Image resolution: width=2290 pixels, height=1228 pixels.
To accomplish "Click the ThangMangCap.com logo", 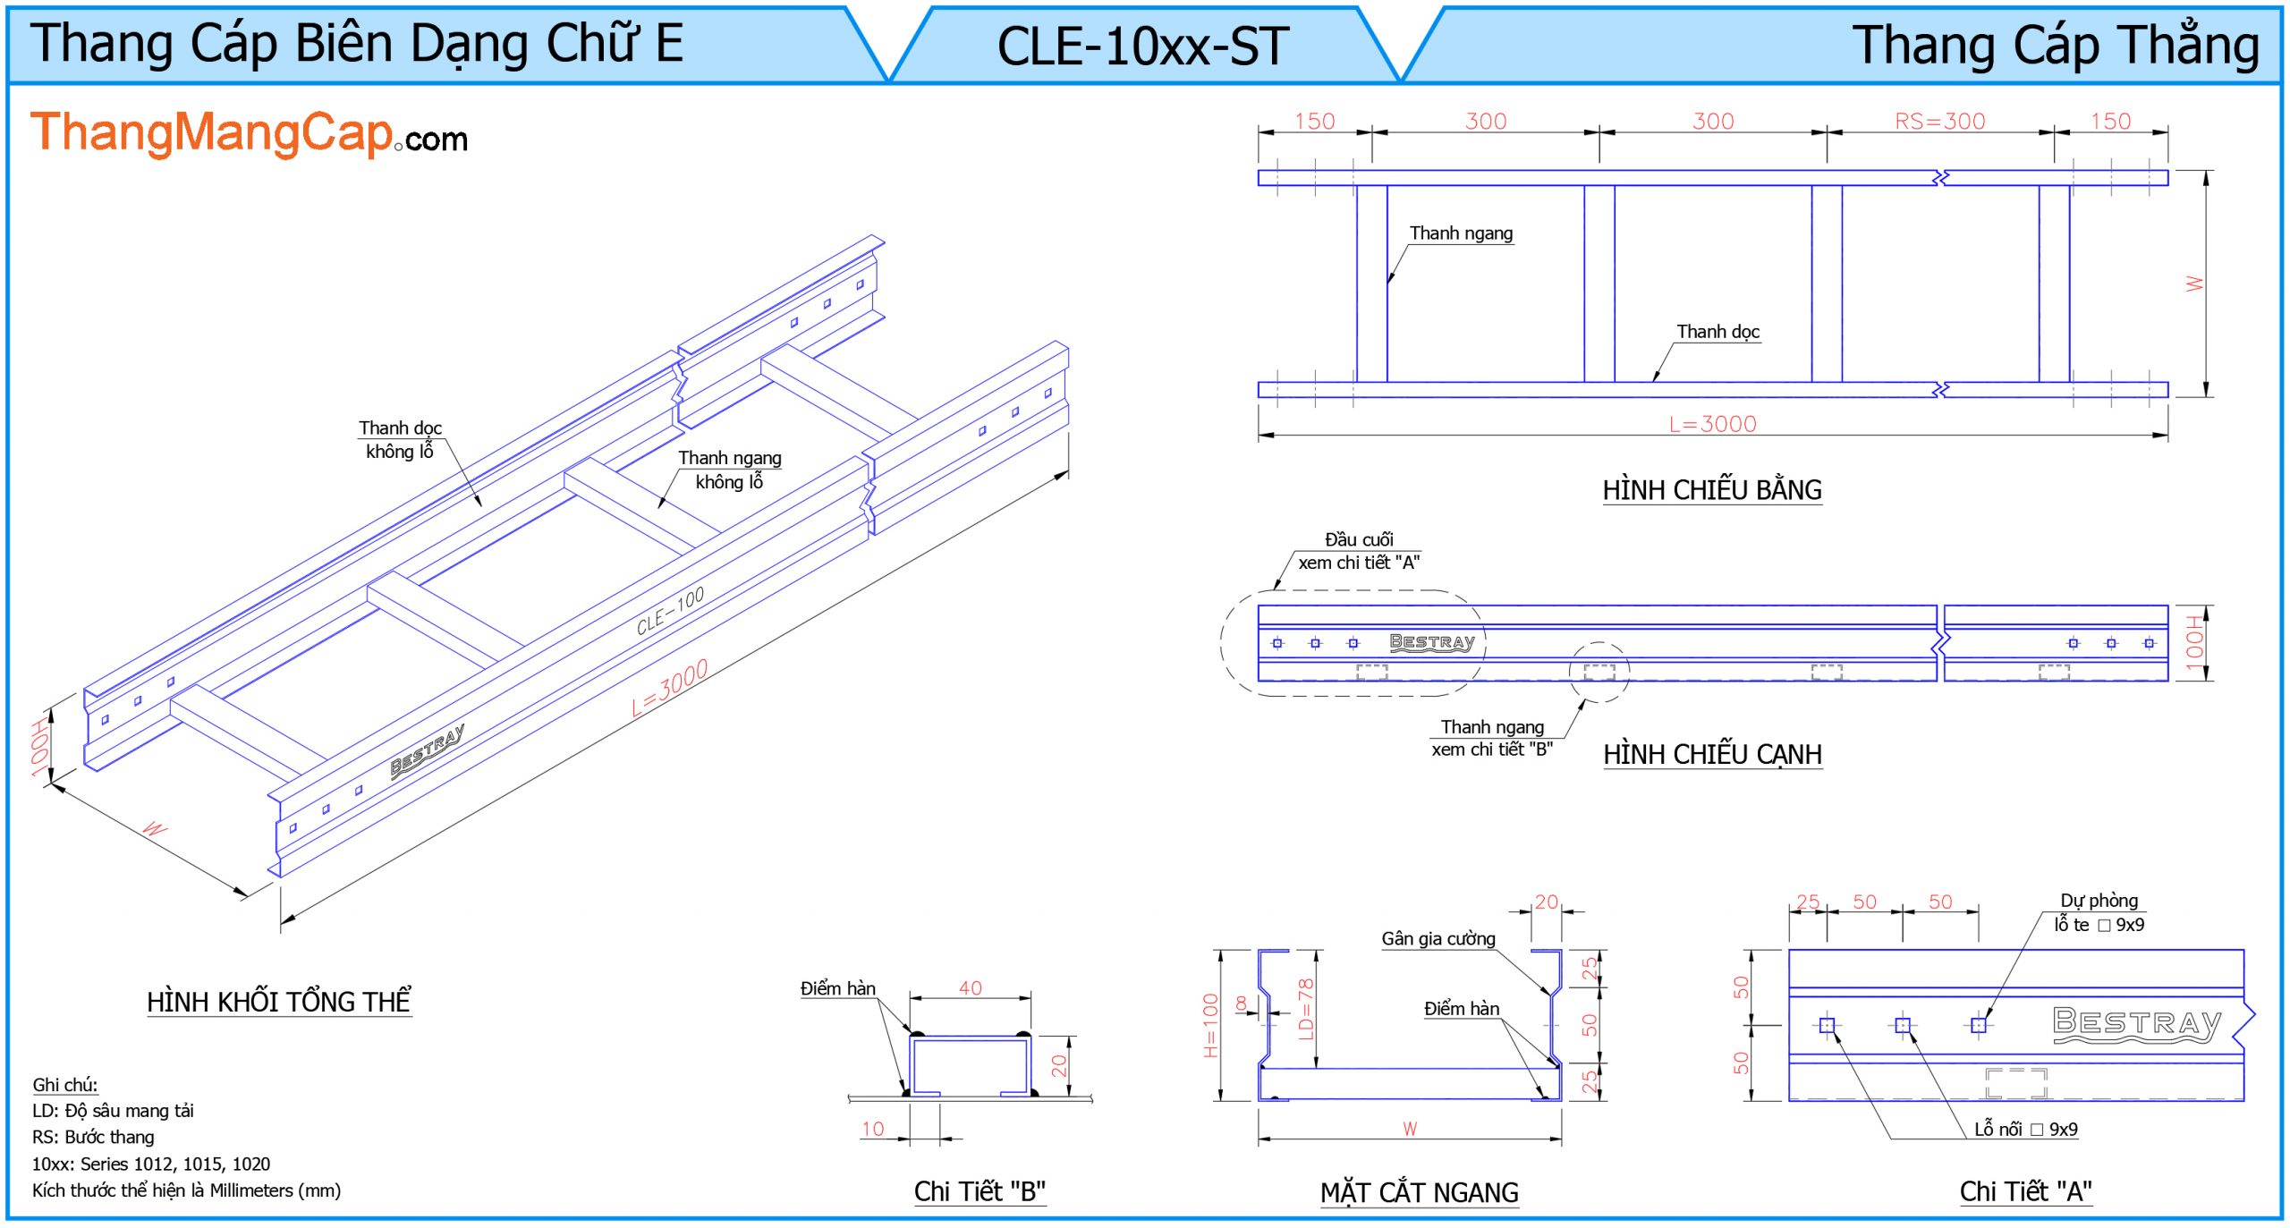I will click(x=249, y=134).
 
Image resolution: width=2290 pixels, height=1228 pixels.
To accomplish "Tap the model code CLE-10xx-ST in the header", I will click(x=1143, y=47).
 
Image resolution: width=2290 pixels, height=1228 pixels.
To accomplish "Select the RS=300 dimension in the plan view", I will click(x=1939, y=122).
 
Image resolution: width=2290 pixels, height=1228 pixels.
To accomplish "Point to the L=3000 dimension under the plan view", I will click(x=1712, y=424).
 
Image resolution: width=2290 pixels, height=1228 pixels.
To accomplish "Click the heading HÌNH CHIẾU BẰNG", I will click(x=1711, y=490).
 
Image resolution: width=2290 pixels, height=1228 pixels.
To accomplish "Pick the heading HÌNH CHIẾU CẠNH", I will click(x=1711, y=754).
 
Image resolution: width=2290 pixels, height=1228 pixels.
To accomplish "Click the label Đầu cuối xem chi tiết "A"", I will click(x=1358, y=551).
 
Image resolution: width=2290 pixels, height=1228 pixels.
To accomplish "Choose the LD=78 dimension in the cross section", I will click(x=1305, y=1009).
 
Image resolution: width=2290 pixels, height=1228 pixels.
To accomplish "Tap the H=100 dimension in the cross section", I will click(x=1211, y=1025).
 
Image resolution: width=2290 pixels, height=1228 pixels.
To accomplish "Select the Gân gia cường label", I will click(x=1438, y=939).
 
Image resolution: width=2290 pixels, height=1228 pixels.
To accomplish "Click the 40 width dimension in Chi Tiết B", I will click(x=970, y=988).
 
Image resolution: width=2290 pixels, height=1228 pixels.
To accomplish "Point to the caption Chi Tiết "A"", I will click(x=2025, y=1191).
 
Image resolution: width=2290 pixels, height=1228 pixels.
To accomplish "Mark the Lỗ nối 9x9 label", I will click(x=2025, y=1130).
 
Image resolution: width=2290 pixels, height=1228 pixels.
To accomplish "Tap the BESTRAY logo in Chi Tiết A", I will click(x=2136, y=1023).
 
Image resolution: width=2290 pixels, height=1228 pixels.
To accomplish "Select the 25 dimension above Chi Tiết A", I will click(x=1807, y=902).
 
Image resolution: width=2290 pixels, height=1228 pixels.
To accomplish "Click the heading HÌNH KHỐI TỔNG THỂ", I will click(x=278, y=1002).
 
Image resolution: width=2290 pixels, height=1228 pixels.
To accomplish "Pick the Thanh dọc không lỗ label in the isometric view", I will click(x=400, y=440).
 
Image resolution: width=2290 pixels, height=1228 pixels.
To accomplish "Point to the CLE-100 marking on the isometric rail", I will click(x=670, y=611).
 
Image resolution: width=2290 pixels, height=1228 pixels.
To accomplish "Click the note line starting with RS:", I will click(x=93, y=1138).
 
